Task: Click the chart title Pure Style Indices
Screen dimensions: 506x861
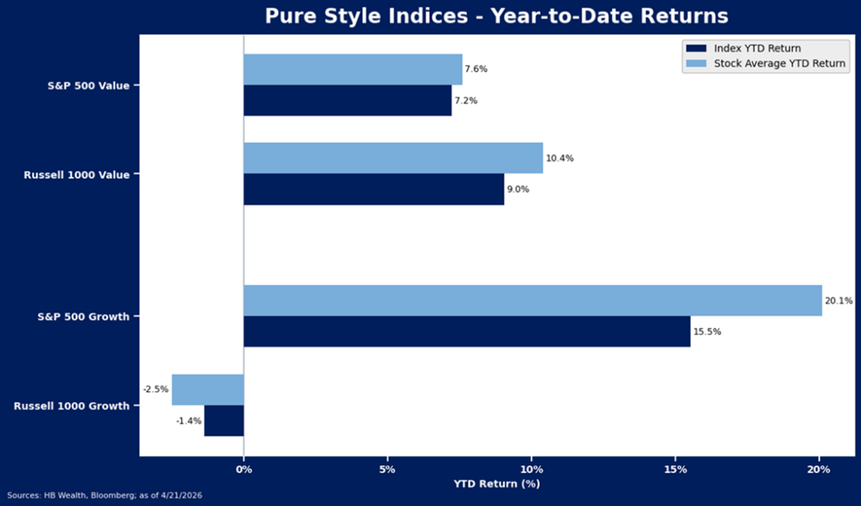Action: click(x=496, y=16)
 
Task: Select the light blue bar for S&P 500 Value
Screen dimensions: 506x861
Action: click(x=352, y=69)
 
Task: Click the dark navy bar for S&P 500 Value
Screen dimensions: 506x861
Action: click(x=347, y=100)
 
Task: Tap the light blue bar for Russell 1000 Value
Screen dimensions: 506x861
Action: click(x=393, y=158)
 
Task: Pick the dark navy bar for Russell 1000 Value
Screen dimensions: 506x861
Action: click(x=373, y=189)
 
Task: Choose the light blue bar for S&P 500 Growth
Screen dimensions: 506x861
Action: click(x=532, y=300)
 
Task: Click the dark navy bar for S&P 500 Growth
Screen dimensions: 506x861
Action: click(x=466, y=332)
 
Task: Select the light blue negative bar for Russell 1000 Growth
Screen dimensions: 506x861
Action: click(x=208, y=389)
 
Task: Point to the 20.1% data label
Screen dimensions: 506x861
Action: click(x=839, y=300)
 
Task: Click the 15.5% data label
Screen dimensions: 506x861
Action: click(x=707, y=332)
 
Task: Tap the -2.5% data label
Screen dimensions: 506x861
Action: click(x=155, y=389)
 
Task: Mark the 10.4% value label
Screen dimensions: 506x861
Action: click(x=560, y=158)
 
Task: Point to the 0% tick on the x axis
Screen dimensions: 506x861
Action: click(x=244, y=470)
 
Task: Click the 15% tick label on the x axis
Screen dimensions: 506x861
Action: click(x=675, y=470)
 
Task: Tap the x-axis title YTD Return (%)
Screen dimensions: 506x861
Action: click(x=496, y=484)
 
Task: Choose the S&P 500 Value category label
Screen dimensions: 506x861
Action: click(x=88, y=85)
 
